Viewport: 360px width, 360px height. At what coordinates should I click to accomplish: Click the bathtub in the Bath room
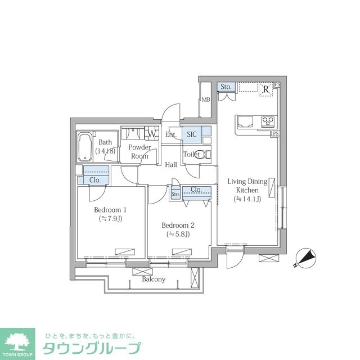[85, 147]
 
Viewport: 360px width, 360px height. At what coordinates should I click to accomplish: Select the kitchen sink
[245, 122]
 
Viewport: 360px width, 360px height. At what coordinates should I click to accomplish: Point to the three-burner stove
[268, 121]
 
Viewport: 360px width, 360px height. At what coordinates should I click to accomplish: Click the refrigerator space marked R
[266, 89]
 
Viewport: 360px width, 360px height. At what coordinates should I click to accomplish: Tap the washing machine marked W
[151, 133]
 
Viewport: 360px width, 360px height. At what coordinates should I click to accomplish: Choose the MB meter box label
[206, 100]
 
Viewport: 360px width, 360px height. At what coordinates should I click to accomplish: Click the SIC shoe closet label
[192, 134]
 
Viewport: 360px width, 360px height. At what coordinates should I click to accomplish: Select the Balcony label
[154, 280]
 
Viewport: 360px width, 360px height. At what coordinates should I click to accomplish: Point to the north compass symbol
[305, 258]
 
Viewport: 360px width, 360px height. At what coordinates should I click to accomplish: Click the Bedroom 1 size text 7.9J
[110, 219]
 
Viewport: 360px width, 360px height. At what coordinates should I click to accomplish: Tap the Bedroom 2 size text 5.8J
[178, 234]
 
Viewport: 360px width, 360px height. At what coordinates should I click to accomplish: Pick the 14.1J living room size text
[247, 199]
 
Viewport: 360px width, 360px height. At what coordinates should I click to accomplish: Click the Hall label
[171, 165]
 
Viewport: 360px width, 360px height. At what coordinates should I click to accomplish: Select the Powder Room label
[139, 151]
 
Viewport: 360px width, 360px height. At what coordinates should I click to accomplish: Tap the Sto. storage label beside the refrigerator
[226, 87]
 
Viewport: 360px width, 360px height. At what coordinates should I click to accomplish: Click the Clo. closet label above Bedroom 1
[95, 180]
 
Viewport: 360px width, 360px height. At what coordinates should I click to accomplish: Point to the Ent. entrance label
[171, 134]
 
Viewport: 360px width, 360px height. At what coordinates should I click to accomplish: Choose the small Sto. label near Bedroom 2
[175, 194]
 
